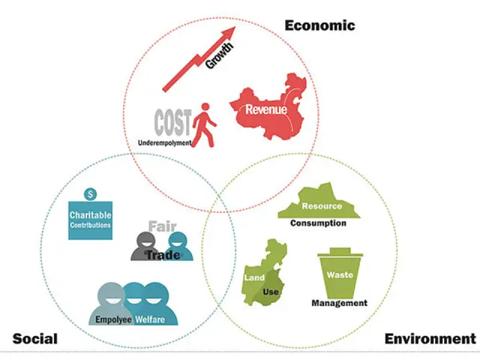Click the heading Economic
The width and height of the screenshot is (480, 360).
click(320, 25)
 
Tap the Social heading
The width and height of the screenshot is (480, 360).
click(35, 339)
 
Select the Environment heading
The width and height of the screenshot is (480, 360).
click(430, 339)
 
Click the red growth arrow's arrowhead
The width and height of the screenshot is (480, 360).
click(229, 32)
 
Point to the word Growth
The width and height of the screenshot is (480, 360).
click(220, 55)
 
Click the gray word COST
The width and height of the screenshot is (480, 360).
click(173, 122)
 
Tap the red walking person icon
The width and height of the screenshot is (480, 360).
click(204, 125)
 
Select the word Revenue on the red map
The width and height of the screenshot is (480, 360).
click(266, 109)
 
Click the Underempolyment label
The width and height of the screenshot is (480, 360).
click(165, 142)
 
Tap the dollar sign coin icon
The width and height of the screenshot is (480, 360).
click(90, 194)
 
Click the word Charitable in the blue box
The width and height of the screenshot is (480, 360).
click(90, 215)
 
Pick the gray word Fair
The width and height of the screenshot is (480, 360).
click(163, 226)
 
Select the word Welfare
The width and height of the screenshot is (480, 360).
click(150, 319)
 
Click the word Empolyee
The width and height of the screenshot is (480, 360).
click(113, 319)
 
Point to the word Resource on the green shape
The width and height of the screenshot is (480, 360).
click(322, 206)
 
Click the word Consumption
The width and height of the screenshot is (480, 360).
click(318, 223)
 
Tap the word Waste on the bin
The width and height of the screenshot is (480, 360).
click(340, 274)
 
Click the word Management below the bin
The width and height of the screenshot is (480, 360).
click(340, 303)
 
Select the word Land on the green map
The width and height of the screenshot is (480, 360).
click(254, 277)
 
